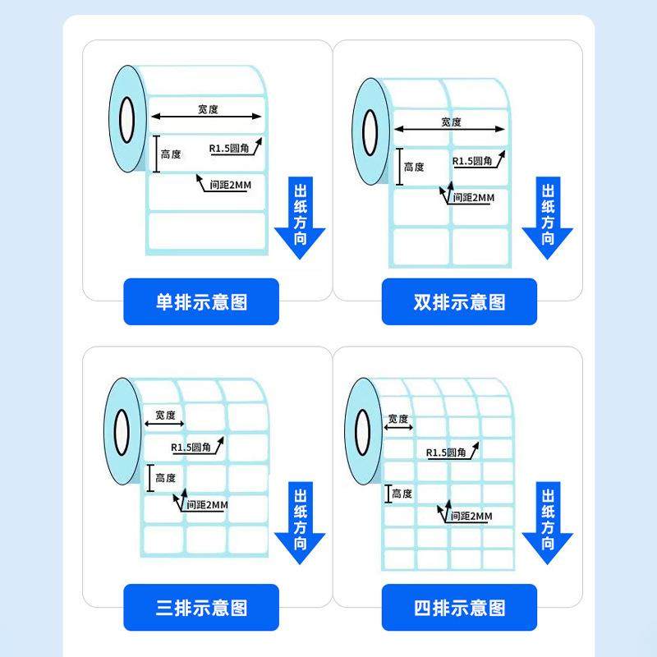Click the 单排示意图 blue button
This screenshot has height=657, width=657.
point(201,301)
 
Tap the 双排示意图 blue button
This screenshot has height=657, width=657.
point(459,301)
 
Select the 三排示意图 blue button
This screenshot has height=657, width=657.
point(201,608)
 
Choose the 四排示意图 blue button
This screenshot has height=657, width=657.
point(459,608)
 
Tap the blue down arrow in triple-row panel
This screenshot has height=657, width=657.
point(300,523)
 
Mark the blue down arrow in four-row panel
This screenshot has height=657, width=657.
point(548,523)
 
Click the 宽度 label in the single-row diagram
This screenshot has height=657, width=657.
point(209,108)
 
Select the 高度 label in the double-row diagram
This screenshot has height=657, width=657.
point(414,167)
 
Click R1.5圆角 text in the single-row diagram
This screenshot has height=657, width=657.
point(229,149)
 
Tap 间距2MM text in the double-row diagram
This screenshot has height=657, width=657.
point(474,197)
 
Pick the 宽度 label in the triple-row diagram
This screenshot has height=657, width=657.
point(165,415)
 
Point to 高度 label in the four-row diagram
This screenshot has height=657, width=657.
point(402,494)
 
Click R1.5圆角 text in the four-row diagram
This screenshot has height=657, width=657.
point(446,453)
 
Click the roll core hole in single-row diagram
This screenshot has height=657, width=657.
point(126,119)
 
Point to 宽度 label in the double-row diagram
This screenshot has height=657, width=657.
point(451,122)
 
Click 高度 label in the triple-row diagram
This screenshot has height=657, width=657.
point(165,477)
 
